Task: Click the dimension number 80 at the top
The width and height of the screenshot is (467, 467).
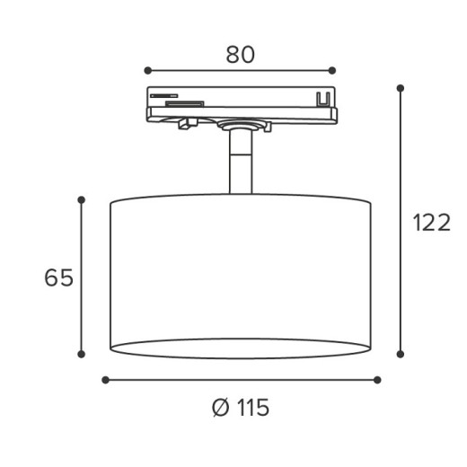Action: [240, 54]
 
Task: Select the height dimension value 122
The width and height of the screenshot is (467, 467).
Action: [431, 223]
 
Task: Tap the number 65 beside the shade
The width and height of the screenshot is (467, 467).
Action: [58, 278]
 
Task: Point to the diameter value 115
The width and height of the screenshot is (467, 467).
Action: [252, 408]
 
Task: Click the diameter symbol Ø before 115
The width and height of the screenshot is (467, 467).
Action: [221, 408]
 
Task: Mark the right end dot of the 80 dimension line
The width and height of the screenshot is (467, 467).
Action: [332, 70]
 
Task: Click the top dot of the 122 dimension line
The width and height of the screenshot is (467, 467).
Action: [400, 88]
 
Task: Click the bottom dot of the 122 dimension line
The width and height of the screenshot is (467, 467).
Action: [400, 354]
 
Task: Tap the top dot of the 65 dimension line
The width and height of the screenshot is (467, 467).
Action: [82, 199]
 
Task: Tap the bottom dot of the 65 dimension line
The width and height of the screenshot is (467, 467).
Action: [82, 354]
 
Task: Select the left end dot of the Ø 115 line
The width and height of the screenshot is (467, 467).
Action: [105, 380]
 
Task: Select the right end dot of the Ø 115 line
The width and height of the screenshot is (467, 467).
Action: [377, 380]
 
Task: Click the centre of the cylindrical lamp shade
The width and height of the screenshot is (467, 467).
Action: [240, 274]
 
